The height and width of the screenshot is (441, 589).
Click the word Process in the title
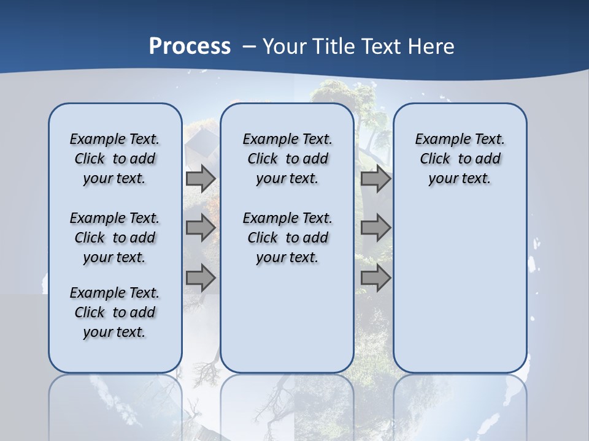(190, 47)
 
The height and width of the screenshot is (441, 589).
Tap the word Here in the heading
(432, 47)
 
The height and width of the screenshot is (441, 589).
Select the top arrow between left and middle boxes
(201, 179)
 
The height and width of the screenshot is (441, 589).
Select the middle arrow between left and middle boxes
(201, 228)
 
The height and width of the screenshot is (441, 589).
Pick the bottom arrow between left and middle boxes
(201, 278)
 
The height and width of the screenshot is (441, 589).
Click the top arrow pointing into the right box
(375, 179)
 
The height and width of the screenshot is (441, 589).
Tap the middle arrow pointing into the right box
(375, 228)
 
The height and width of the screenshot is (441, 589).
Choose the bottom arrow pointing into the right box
(375, 278)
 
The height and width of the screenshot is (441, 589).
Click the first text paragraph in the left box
(115, 159)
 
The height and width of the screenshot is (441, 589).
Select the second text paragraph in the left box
(115, 238)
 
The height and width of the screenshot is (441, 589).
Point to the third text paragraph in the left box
(115, 312)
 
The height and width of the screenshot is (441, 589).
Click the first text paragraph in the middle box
(287, 159)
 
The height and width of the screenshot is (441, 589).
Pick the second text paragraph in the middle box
(287, 238)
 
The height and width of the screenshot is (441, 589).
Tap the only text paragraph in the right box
(460, 159)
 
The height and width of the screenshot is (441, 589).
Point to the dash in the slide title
(249, 47)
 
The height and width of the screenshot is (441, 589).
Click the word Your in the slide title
(285, 47)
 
